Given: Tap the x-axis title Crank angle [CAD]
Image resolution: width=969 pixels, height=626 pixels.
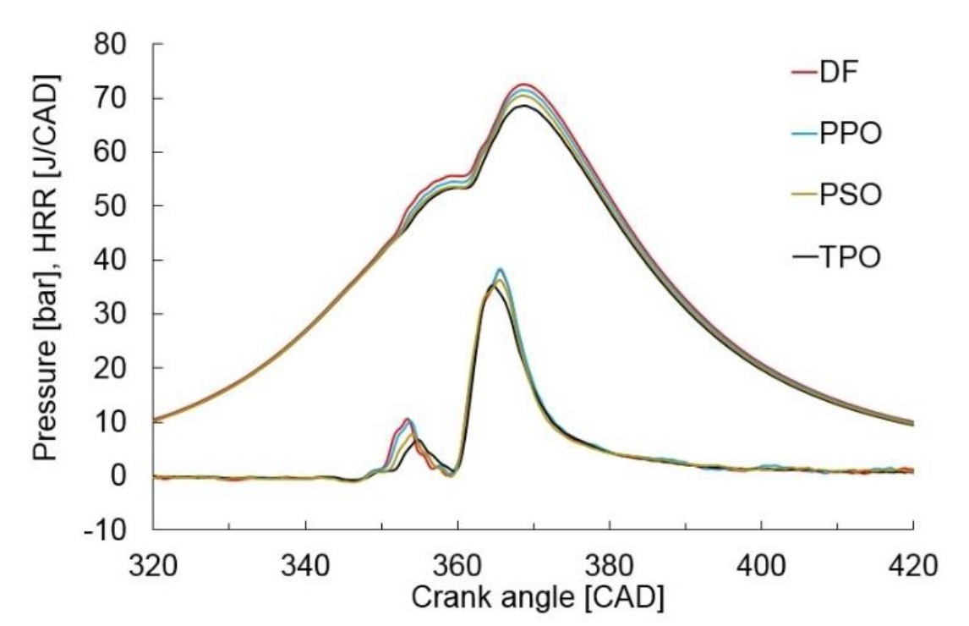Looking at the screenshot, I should [x=538, y=597].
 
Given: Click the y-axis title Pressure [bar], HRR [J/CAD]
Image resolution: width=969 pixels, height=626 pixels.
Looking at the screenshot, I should [x=47, y=268].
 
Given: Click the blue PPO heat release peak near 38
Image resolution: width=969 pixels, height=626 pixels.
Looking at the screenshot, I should [x=501, y=270].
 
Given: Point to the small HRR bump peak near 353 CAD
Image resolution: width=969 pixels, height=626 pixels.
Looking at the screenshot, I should [x=408, y=420].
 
